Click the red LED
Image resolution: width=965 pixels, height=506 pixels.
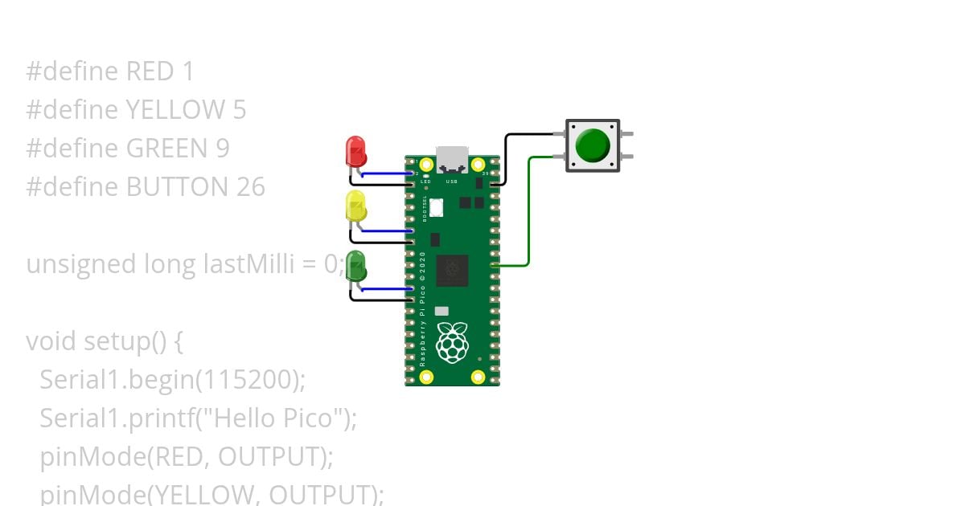(355, 151)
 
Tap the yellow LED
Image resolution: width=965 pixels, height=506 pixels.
(355, 206)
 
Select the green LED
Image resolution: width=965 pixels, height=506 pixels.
(355, 266)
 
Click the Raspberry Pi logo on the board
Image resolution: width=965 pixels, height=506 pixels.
(452, 342)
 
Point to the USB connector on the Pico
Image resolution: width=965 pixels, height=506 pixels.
(452, 159)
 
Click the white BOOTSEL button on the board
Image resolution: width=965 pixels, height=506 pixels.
(437, 207)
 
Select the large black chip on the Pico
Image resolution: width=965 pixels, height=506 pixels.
(452, 271)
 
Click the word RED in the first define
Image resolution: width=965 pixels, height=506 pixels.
(150, 72)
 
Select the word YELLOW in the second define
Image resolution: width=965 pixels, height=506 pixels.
(175, 110)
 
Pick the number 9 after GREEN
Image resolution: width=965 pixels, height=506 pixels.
(222, 149)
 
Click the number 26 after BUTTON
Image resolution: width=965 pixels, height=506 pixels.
(250, 187)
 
